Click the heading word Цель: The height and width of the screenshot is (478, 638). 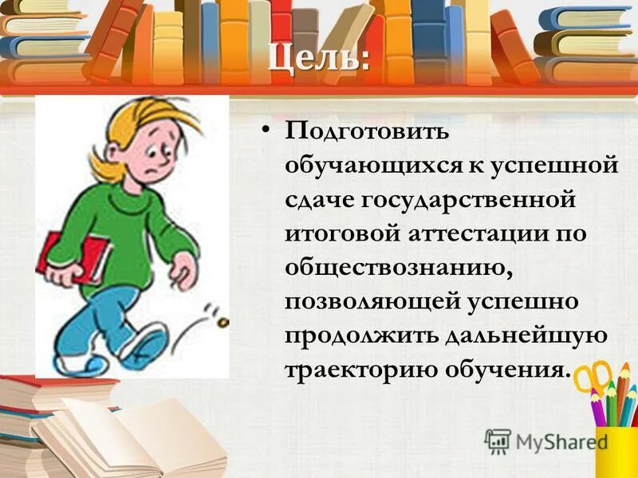coord(318,58)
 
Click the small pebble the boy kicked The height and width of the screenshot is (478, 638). coord(223,322)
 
